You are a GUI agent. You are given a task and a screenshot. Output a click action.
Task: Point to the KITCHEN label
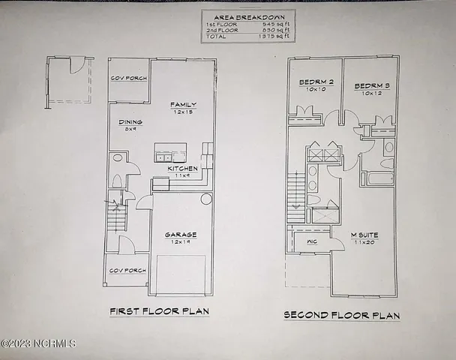click(x=182, y=169)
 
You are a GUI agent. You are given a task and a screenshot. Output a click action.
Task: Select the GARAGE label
click(x=180, y=235)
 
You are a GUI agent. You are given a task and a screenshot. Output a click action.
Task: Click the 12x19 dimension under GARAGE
click(x=180, y=242)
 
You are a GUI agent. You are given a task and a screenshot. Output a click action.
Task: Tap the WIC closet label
click(x=313, y=241)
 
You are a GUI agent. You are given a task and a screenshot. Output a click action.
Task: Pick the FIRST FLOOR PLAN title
click(x=159, y=311)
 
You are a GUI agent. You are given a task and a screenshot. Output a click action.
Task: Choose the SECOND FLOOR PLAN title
click(x=342, y=316)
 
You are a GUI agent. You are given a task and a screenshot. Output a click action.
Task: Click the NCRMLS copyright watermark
click(x=38, y=344)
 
